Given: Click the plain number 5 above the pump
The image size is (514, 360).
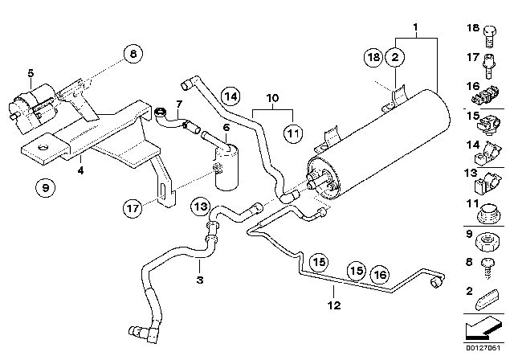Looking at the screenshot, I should coord(31,74).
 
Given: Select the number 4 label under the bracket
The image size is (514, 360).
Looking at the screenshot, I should coord(80,170).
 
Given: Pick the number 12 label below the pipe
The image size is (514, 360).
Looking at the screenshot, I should coord(332,305).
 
